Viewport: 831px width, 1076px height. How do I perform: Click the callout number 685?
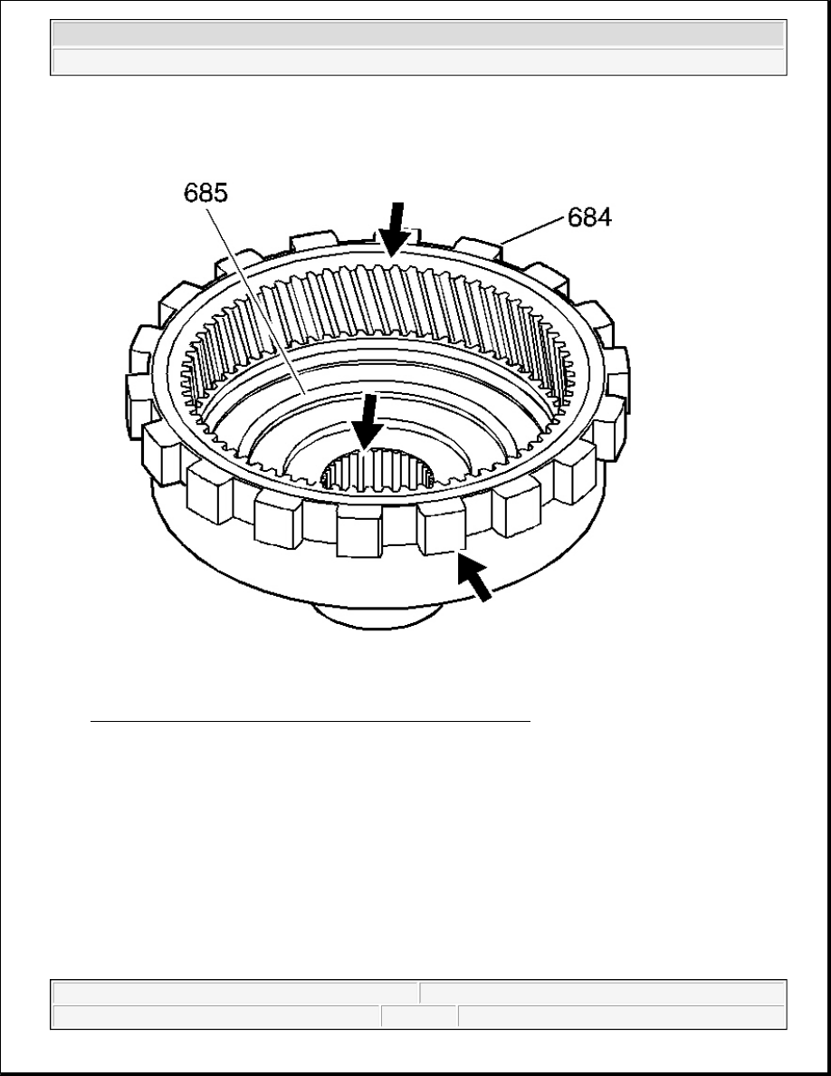pos(205,193)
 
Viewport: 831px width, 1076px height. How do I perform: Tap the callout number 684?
pos(589,217)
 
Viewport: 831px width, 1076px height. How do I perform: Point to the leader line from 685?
pos(256,300)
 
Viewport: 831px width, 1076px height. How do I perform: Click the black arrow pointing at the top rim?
pos(396,229)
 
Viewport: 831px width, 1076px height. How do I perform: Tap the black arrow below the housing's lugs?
pos(474,578)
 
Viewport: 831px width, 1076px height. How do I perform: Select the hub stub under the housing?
pos(377,616)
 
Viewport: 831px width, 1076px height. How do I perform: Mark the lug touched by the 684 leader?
pos(480,248)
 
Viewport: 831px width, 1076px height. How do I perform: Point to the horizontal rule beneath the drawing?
pos(310,722)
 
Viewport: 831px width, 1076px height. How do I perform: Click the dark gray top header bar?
pos(418,34)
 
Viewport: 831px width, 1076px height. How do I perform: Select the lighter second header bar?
pos(418,61)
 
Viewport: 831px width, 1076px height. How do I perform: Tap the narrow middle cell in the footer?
pos(419,1016)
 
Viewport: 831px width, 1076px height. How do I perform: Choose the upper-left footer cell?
pos(235,993)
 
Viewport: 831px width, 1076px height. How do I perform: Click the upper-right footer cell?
pos(603,993)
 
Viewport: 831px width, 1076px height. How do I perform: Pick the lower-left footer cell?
pos(216,1016)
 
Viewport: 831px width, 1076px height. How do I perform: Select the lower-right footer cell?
pos(622,1016)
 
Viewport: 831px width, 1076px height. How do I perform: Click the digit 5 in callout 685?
pos(220,193)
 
